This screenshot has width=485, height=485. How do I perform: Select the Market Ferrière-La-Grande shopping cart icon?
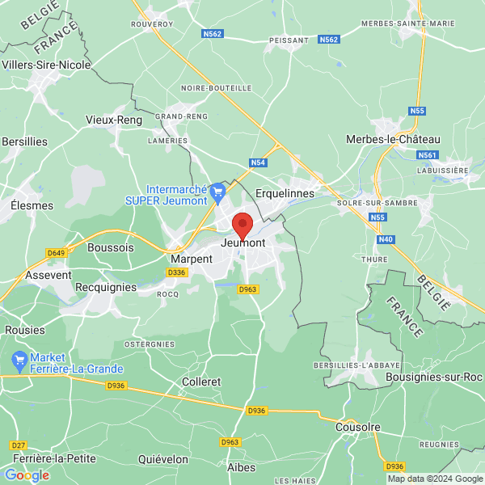(x=18, y=358)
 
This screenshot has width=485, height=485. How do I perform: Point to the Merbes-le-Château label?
(x=393, y=139)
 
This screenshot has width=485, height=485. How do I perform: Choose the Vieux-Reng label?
(x=114, y=120)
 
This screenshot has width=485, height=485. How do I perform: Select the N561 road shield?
(x=428, y=154)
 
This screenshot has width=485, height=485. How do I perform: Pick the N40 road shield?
(x=386, y=238)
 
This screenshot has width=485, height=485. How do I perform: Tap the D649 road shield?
(x=56, y=253)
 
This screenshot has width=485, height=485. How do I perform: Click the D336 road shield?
(x=176, y=273)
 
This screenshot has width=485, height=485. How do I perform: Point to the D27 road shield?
(x=18, y=445)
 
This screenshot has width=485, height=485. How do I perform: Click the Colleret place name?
(x=202, y=382)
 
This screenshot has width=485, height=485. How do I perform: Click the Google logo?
(x=27, y=475)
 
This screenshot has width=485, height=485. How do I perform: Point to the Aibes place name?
(x=242, y=467)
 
